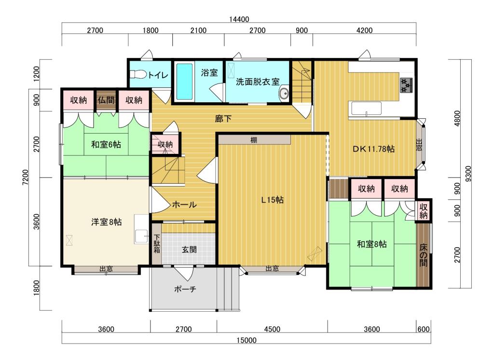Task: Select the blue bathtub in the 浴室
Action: click(184, 81)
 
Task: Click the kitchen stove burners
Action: click(406, 85)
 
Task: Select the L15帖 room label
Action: click(272, 200)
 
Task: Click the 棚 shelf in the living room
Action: click(254, 140)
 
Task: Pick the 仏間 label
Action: click(107, 100)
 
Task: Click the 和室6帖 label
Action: click(106, 144)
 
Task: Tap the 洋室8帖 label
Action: click(106, 222)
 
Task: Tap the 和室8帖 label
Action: click(371, 244)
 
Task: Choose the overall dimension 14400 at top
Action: click(239, 20)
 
